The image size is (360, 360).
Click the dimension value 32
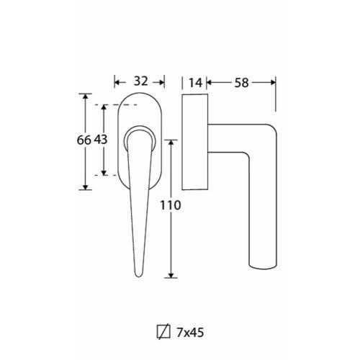pyautogui.click(x=140, y=81)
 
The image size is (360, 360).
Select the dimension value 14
pyautogui.click(x=195, y=83)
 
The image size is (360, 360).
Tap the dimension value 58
pyautogui.click(x=241, y=83)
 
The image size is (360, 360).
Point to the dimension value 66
pyautogui.click(x=84, y=140)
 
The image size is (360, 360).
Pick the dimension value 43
pyautogui.click(x=101, y=140)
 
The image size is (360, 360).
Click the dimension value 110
pyautogui.click(x=170, y=205)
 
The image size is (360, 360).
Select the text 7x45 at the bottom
pyautogui.click(x=190, y=333)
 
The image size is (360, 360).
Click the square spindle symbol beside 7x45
pyautogui.click(x=163, y=332)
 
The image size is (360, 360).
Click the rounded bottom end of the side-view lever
pyautogui.click(x=263, y=266)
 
